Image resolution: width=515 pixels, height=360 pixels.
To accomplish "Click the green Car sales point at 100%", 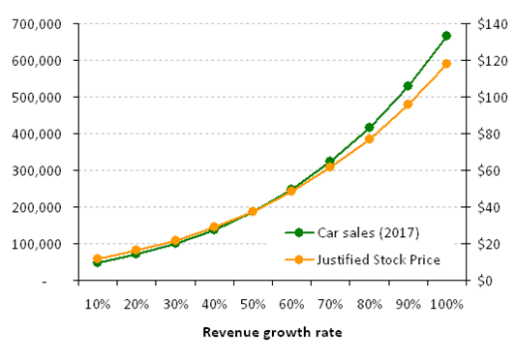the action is tap(446, 36).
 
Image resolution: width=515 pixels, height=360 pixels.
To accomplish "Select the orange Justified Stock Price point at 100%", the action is tap(446, 64).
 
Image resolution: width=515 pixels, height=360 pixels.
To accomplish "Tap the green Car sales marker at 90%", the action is tap(408, 86).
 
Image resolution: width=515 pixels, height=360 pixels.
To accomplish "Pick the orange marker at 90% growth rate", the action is tap(408, 105).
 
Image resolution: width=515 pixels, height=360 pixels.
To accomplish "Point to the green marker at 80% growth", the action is tap(369, 127).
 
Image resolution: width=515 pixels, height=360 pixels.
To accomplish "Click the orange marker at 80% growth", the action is tap(369, 139).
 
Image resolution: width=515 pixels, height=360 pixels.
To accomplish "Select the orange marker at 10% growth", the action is tap(97, 258).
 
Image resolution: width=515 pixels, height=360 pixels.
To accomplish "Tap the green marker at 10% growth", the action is tap(97, 262).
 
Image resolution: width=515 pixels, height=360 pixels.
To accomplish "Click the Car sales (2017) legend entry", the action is tap(352, 233).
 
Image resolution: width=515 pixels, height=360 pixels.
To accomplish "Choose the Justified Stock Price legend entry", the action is tap(363, 259).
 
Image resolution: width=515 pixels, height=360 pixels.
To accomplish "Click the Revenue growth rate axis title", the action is tap(272, 332).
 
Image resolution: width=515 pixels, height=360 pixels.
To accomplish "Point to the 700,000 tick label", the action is tap(37, 24).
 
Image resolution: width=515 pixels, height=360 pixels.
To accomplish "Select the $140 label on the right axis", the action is tap(488, 24).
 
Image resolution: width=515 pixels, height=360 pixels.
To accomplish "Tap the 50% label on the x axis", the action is tap(253, 305).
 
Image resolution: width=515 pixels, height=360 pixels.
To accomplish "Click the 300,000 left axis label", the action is tap(37, 170).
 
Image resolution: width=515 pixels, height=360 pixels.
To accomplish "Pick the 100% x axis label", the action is tap(446, 305).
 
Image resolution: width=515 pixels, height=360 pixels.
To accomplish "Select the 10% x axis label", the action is tap(98, 305).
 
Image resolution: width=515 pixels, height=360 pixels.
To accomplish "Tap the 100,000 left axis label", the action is tap(37, 244).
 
